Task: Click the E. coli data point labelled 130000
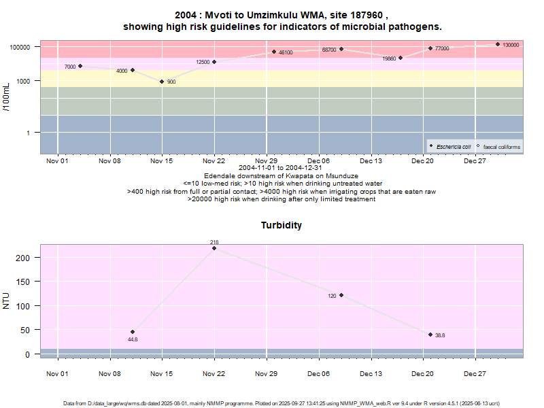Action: tap(498, 44)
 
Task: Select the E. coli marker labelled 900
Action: tap(162, 82)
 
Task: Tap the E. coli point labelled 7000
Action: tap(80, 66)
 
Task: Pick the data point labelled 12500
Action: tap(214, 62)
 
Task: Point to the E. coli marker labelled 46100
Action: tap(274, 52)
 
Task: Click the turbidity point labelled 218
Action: tap(214, 248)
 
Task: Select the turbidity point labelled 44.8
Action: tap(133, 332)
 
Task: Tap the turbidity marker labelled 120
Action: tap(341, 295)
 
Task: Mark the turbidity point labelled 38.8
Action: tap(430, 335)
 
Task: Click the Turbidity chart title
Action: tap(282, 225)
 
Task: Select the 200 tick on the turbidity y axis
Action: tap(23, 258)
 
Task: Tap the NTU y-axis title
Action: tap(6, 300)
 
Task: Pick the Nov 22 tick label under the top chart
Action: tap(214, 161)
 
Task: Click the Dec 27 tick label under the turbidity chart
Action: tap(475, 374)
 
